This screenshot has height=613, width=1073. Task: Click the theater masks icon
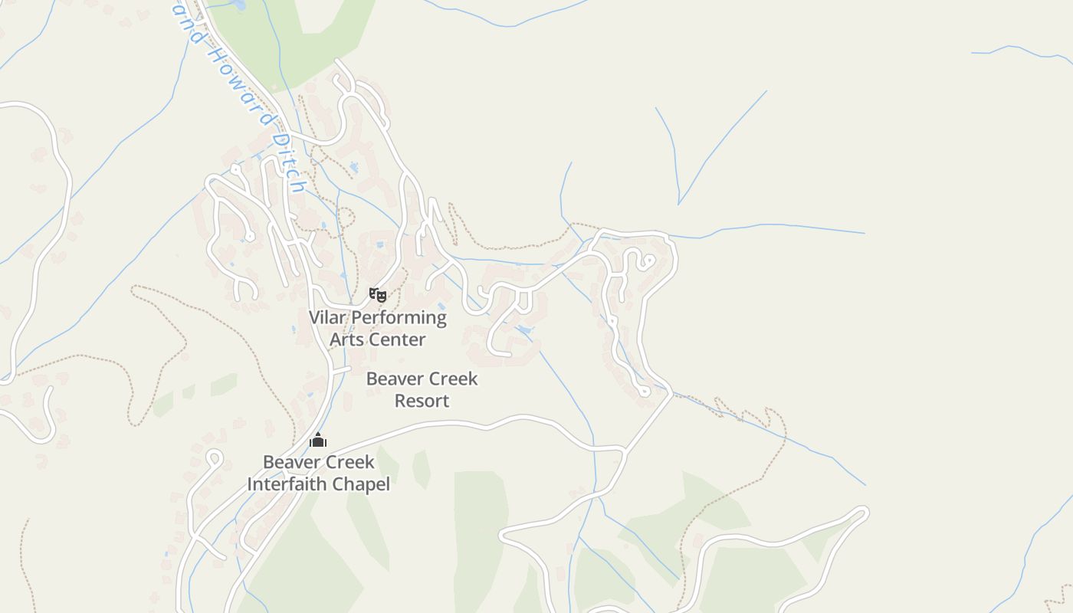coord(377,294)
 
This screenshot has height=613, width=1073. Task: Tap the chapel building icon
coord(318,440)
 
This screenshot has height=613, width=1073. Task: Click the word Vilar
coord(327,317)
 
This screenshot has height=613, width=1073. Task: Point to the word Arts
coord(347,339)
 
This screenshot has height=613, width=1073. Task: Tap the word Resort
coord(422,401)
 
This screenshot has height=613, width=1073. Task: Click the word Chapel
coord(363,484)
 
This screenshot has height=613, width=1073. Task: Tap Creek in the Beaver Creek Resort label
coord(456,379)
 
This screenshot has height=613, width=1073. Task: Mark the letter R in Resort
coord(399,401)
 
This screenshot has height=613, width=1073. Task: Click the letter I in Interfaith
coord(250,484)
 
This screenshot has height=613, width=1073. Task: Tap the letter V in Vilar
coord(314,317)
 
